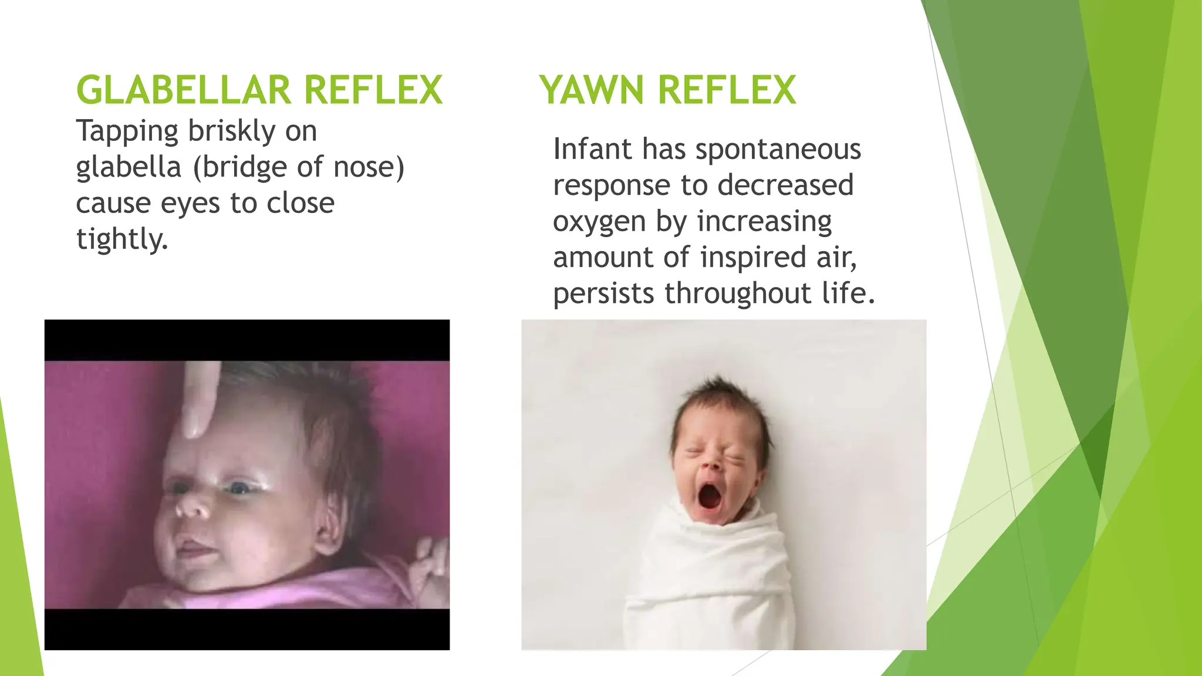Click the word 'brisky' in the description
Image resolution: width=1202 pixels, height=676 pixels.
(231, 131)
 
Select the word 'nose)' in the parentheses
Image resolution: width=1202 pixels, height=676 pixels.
(369, 167)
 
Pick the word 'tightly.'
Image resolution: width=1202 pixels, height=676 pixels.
(122, 239)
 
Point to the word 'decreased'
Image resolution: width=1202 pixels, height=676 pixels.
(785, 185)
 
